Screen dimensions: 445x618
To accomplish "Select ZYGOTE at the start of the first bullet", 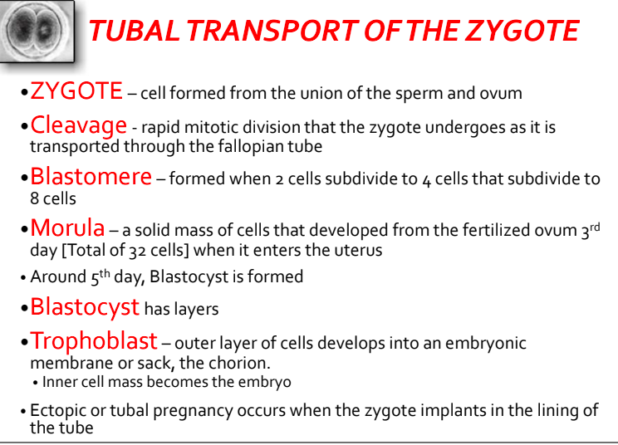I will [76, 90].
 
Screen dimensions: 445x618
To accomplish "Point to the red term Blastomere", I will [91, 177].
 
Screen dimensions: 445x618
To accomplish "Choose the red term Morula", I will [67, 227].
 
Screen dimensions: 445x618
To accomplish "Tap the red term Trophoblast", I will [94, 340].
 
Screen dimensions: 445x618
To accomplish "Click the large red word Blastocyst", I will [85, 307].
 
